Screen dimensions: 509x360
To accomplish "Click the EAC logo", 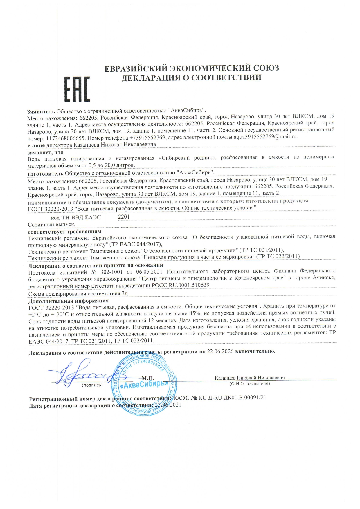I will (77, 89).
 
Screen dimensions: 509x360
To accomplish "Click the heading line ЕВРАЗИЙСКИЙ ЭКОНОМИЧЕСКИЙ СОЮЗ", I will (192, 68).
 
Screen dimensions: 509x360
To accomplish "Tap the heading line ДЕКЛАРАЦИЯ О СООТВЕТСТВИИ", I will (191, 77).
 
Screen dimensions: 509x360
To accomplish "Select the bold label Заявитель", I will (41, 111).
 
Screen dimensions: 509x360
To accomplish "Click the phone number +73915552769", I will (147, 137).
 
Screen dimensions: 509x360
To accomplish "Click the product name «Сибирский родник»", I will (188, 158).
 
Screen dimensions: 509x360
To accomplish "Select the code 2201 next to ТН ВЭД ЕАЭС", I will (124, 216).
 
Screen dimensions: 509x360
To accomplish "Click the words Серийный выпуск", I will (52, 225).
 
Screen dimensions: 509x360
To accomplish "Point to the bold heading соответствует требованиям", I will (65, 232).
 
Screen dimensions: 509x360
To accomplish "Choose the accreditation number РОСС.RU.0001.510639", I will (181, 285).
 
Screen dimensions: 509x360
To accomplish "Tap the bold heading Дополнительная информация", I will (69, 301).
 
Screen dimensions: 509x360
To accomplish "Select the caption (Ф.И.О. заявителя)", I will (249, 384).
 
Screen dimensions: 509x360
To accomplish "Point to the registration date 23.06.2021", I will (168, 405).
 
